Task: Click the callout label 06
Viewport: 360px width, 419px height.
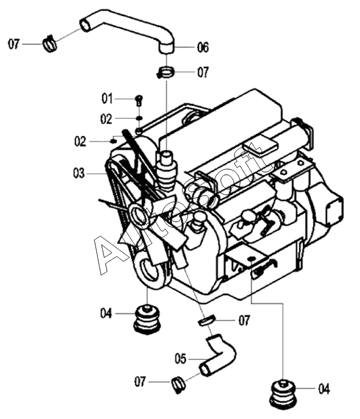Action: click(203, 47)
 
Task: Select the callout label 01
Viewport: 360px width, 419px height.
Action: click(107, 99)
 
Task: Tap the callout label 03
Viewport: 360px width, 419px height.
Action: click(79, 173)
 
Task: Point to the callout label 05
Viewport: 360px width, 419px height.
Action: click(180, 359)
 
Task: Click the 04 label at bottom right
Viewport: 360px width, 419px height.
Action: click(324, 389)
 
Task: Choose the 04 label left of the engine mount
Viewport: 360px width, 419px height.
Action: click(106, 313)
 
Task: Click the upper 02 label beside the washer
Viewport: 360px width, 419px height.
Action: click(106, 119)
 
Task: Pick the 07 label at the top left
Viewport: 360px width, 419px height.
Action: click(14, 44)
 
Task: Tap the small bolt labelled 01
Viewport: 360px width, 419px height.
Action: click(138, 100)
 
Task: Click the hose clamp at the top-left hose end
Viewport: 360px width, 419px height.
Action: click(50, 44)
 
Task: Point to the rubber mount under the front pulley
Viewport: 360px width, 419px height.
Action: click(147, 320)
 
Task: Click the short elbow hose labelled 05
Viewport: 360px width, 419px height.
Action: click(217, 355)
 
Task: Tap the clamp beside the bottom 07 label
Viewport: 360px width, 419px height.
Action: click(178, 384)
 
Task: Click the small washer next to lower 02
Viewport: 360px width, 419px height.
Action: click(114, 141)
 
